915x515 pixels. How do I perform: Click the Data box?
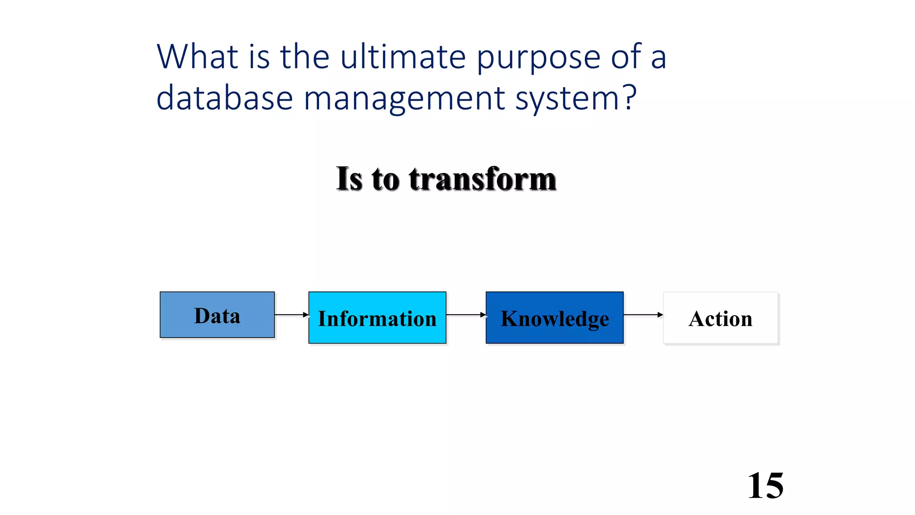[x=217, y=315]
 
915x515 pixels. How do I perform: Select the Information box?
[x=377, y=318]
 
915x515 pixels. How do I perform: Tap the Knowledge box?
[x=554, y=318]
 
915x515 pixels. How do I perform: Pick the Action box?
[x=721, y=318]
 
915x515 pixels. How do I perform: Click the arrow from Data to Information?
[x=291, y=315]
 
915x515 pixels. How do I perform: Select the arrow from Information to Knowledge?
[x=466, y=315]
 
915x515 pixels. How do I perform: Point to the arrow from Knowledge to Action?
[x=643, y=315]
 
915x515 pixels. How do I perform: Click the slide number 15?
[x=765, y=485]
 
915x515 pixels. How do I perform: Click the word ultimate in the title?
[x=403, y=57]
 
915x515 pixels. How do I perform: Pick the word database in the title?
[x=224, y=98]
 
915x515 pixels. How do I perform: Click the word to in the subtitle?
[x=385, y=179]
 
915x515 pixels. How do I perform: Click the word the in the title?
[x=305, y=57]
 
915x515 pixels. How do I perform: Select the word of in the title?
[x=626, y=57]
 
